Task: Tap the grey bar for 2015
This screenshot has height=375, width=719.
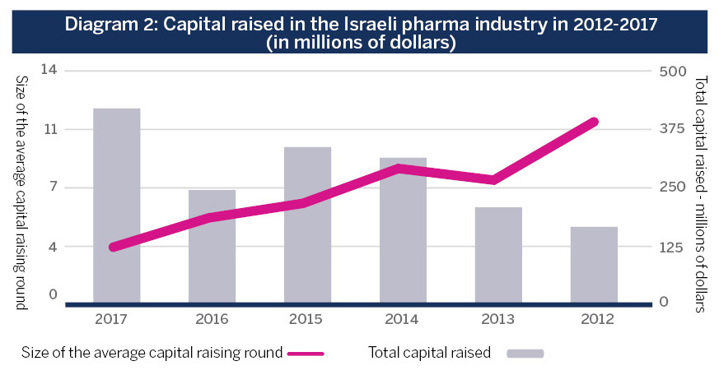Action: click(307, 224)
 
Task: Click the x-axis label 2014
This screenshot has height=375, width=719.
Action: click(403, 319)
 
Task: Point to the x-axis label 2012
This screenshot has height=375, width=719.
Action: click(594, 319)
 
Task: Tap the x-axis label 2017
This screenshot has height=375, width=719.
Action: click(116, 319)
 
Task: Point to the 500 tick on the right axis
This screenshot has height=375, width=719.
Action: click(673, 72)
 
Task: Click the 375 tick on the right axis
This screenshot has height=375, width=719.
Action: click(673, 129)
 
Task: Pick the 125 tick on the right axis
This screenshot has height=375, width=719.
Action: click(673, 247)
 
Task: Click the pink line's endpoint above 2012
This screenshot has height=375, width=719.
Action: click(594, 122)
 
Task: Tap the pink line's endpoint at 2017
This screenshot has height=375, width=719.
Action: click(113, 247)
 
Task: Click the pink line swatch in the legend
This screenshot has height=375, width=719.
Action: click(306, 353)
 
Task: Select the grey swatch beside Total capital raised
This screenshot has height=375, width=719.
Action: click(525, 353)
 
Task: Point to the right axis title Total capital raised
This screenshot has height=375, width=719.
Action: click(701, 194)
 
